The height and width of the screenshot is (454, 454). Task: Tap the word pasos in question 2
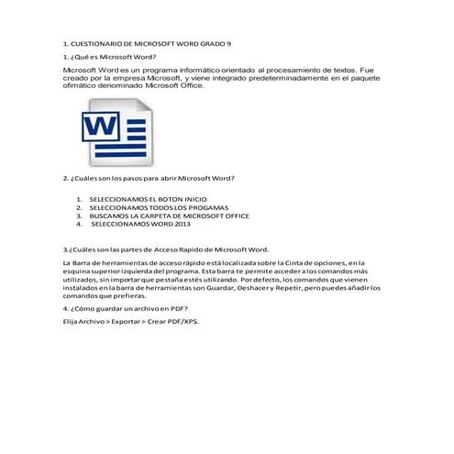click(x=129, y=178)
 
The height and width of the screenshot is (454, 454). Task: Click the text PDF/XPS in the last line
click(x=182, y=322)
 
